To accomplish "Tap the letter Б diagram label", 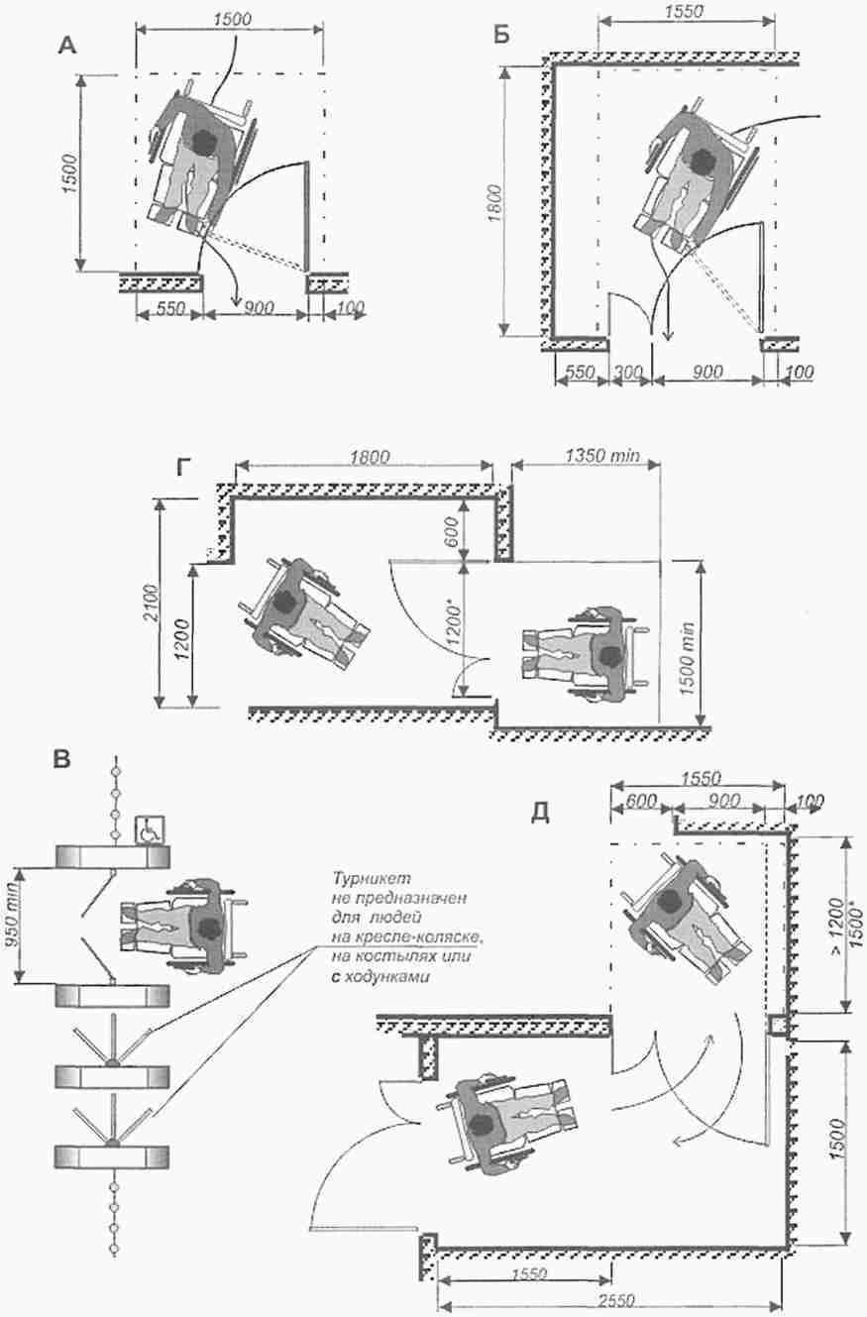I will coord(501,36).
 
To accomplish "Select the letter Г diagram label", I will coord(184,469).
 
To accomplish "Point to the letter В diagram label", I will coord(61,760).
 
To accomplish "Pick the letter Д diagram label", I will coord(541,812).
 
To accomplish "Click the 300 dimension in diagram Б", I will coord(627,372).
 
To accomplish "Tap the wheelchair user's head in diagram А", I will coord(205,144).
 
